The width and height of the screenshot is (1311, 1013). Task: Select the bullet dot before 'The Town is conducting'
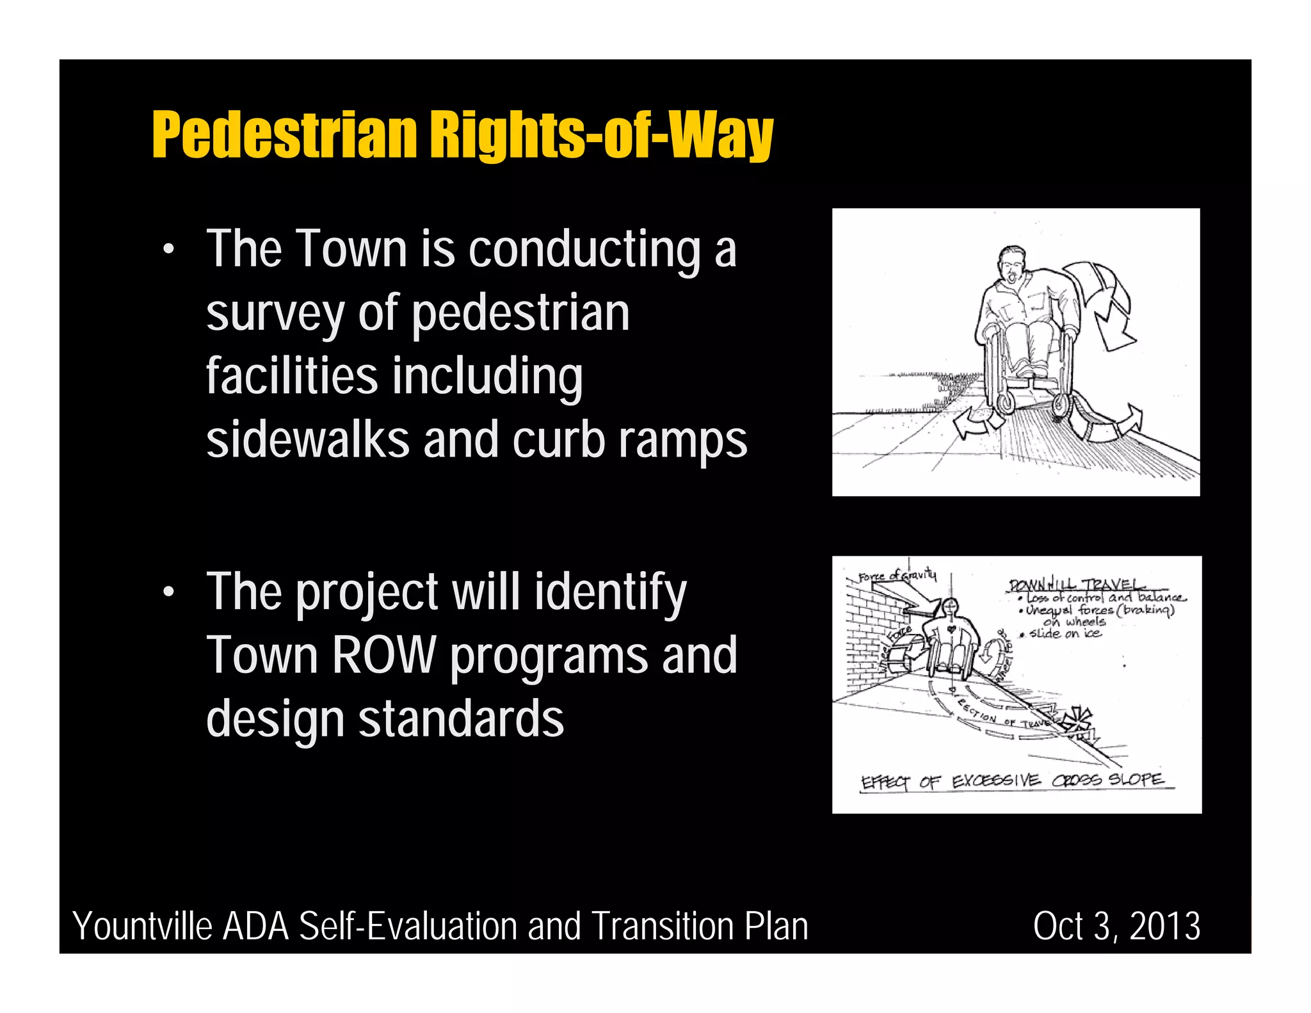click(168, 250)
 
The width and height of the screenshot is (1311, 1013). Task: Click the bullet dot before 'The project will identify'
click(168, 592)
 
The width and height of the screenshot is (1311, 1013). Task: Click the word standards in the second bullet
click(461, 718)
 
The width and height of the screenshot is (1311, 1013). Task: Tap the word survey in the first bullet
click(275, 314)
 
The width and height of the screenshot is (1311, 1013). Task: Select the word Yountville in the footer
click(142, 926)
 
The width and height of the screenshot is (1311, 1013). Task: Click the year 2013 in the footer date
click(1165, 926)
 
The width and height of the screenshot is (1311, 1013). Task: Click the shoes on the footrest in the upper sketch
click(1028, 371)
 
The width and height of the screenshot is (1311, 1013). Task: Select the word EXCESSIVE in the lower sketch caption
click(995, 781)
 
